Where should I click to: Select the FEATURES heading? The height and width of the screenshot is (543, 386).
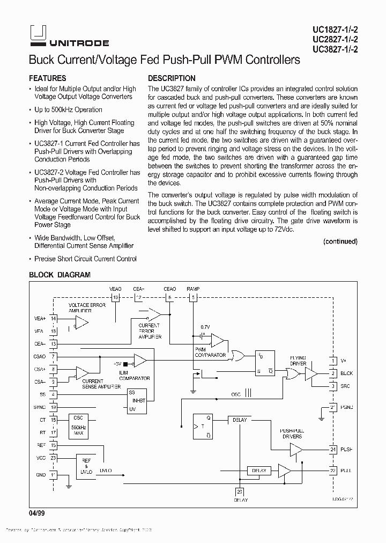pos(48,78)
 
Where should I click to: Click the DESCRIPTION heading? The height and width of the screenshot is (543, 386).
pos(172,78)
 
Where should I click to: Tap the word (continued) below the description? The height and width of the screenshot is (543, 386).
pos(340,241)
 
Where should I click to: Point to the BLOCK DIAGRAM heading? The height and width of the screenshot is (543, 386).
pos(60,275)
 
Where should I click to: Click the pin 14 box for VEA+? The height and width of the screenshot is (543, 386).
pos(53,319)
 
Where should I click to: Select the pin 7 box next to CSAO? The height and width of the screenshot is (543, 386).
pos(53,356)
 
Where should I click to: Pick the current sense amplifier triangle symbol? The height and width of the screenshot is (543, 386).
pos(82,372)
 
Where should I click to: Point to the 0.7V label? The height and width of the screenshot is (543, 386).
pos(205,327)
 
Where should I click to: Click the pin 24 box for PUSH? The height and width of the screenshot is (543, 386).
pos(332,449)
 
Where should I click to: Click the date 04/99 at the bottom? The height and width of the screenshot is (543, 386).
pos(36,513)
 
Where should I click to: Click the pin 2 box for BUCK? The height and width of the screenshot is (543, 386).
pos(332,373)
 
